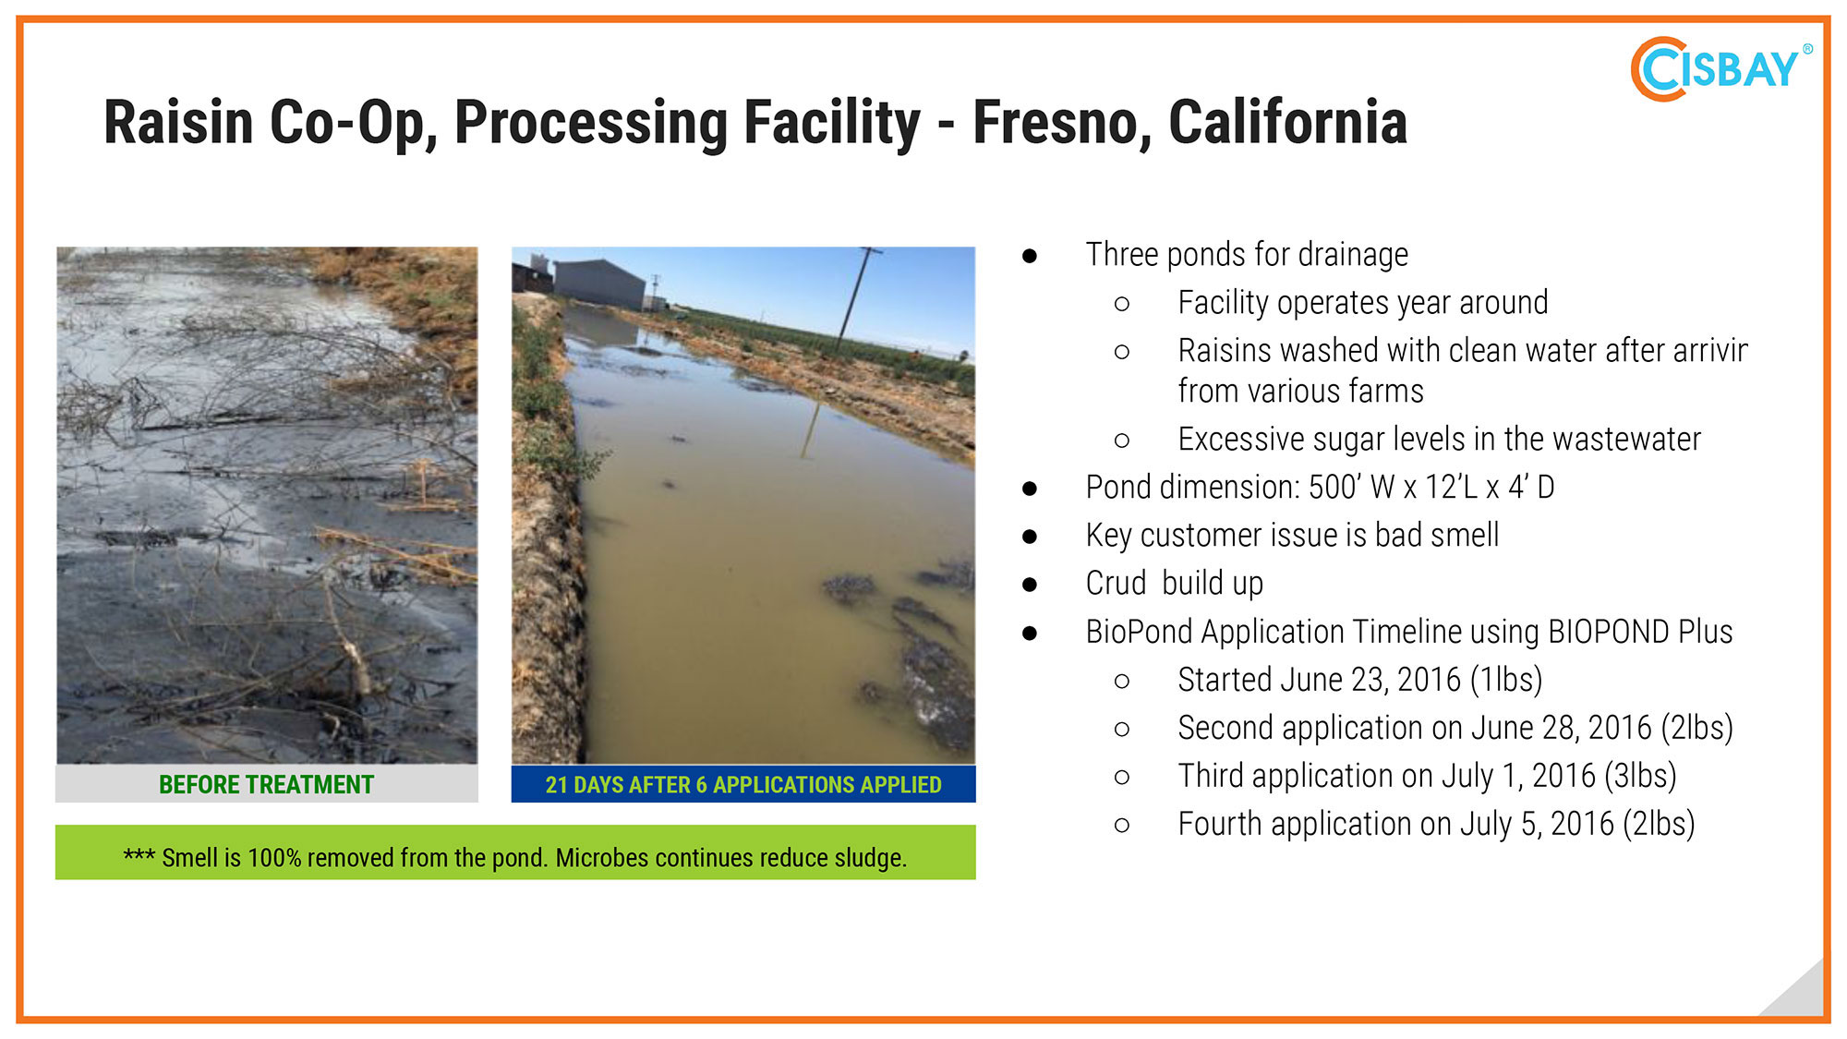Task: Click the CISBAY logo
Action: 1720,68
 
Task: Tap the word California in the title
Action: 1287,122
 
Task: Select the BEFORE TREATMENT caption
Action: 266,785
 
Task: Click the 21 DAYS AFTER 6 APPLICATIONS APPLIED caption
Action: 743,785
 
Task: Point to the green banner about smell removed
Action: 515,852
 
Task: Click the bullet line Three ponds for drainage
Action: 1247,254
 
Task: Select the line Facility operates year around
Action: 1363,302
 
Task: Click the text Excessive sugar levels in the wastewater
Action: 1439,439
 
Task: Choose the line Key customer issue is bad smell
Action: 1292,535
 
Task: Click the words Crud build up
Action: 1175,583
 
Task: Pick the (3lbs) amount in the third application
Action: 1640,776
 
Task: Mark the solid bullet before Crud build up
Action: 1030,585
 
